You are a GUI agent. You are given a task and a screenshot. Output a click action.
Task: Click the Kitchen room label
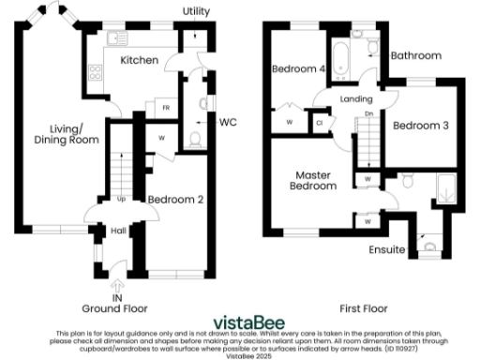point(138,60)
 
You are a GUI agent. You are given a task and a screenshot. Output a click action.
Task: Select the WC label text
point(228,122)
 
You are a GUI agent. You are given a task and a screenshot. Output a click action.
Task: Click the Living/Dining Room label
point(66,134)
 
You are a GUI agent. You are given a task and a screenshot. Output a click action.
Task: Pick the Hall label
point(118,231)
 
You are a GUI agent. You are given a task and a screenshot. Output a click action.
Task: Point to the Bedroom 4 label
point(299,68)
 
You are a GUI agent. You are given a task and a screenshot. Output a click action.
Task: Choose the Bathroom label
point(415,56)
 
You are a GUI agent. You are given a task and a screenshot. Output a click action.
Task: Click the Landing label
point(359,99)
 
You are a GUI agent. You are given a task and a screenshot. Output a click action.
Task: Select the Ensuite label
point(387,250)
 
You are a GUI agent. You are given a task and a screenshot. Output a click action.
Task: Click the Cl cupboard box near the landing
point(320,123)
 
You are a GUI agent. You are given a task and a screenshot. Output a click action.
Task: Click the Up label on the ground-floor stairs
point(120,199)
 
